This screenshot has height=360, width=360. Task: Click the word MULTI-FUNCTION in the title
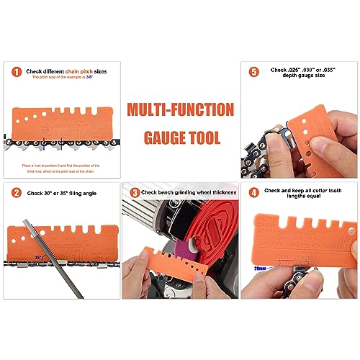click(180, 110)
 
